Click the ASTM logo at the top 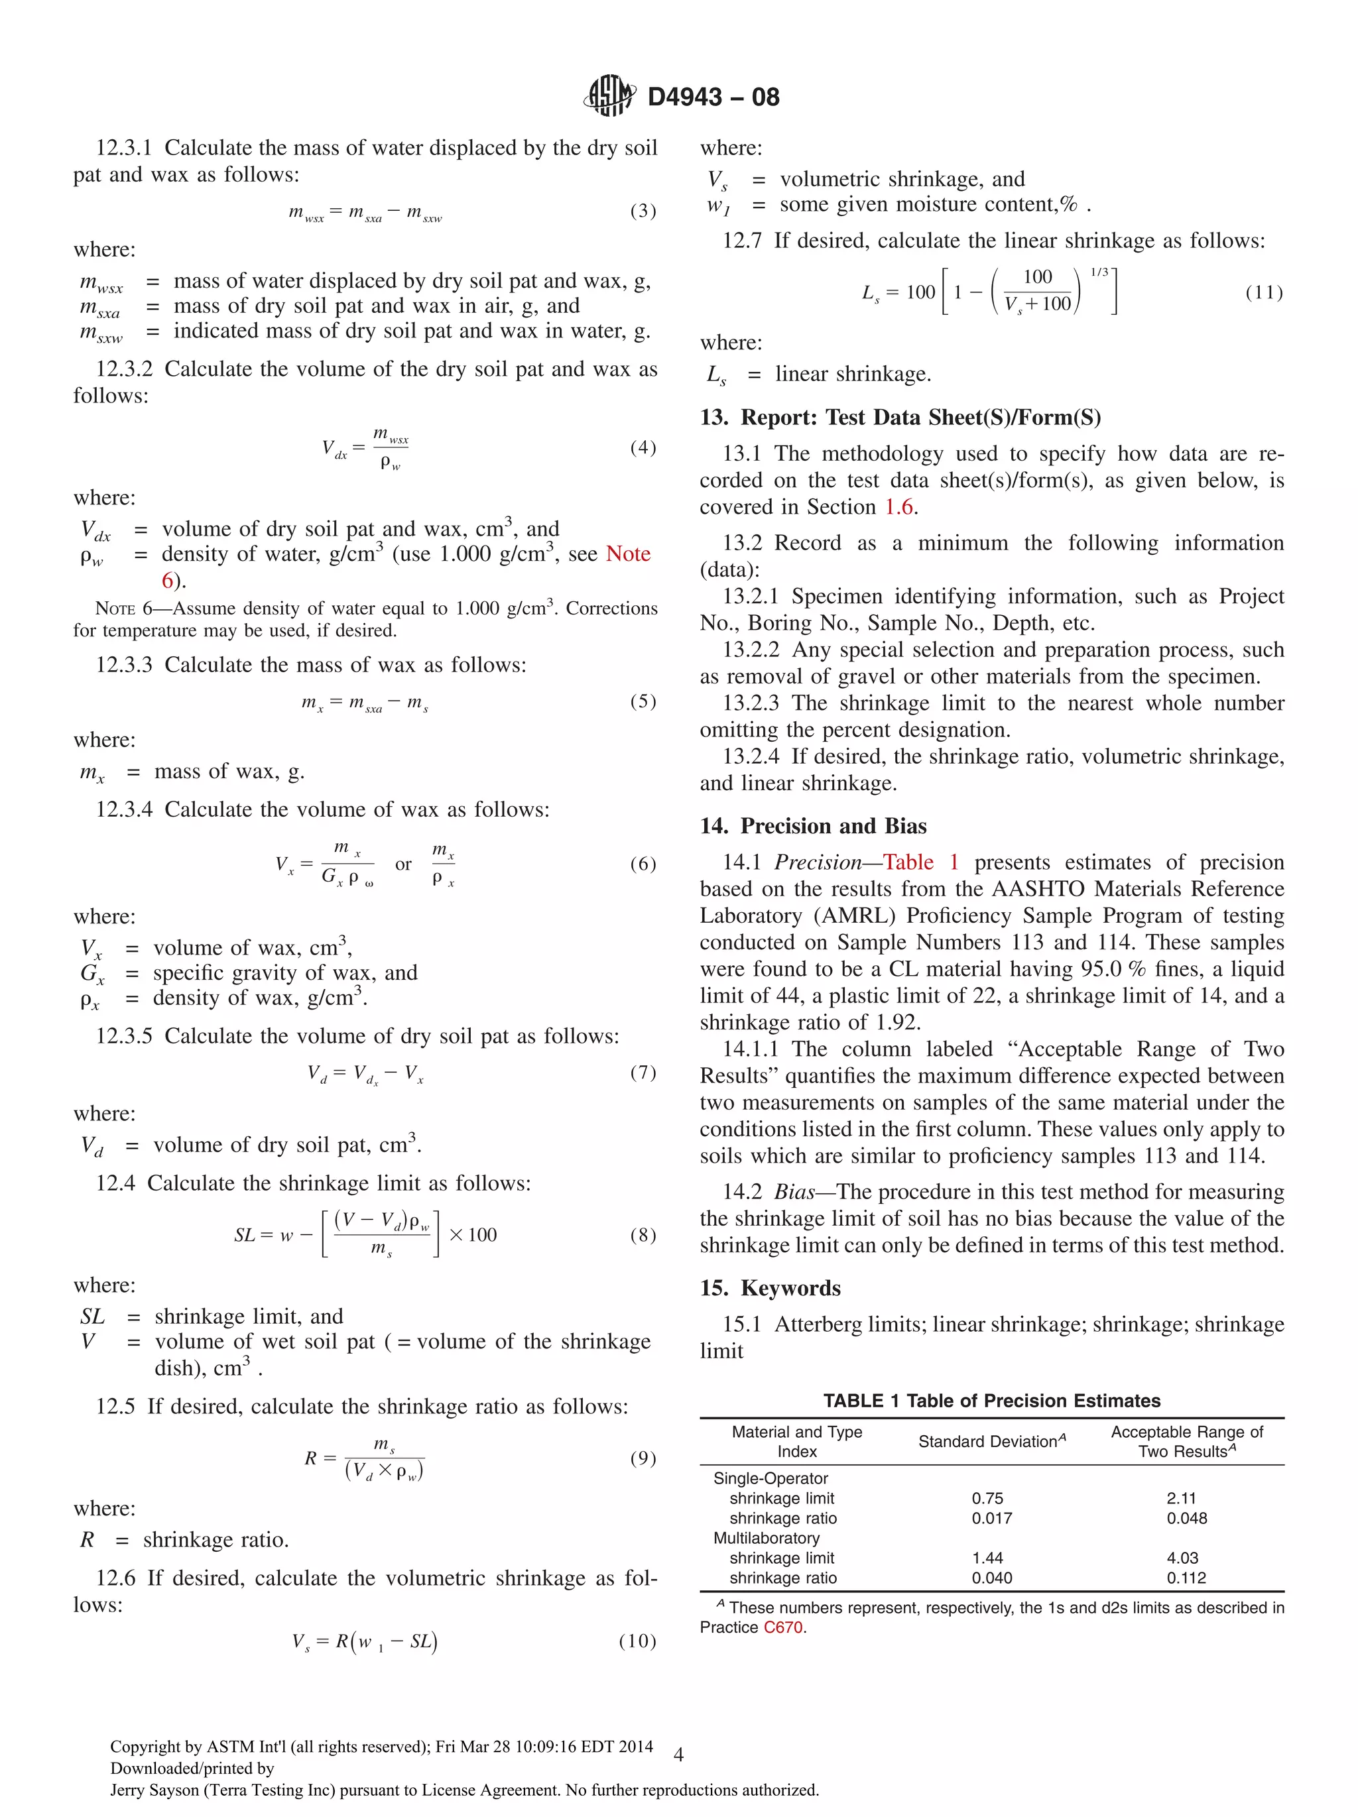pyautogui.click(x=609, y=96)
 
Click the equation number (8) pyautogui.click(x=643, y=1234)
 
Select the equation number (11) pyautogui.click(x=1264, y=292)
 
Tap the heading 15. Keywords pyautogui.click(x=770, y=1287)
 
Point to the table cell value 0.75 pyautogui.click(x=987, y=1498)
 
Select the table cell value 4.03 pyautogui.click(x=1182, y=1557)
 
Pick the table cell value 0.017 pyautogui.click(x=991, y=1518)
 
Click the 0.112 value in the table pyautogui.click(x=1186, y=1578)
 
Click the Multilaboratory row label pyautogui.click(x=766, y=1538)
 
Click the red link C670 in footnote pyautogui.click(x=782, y=1627)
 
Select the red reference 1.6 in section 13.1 pyautogui.click(x=898, y=507)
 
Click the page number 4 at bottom pyautogui.click(x=678, y=1755)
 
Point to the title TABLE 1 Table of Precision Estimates pyautogui.click(x=991, y=1401)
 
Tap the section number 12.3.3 pyautogui.click(x=124, y=664)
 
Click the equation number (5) pyautogui.click(x=643, y=701)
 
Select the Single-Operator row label pyautogui.click(x=770, y=1478)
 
